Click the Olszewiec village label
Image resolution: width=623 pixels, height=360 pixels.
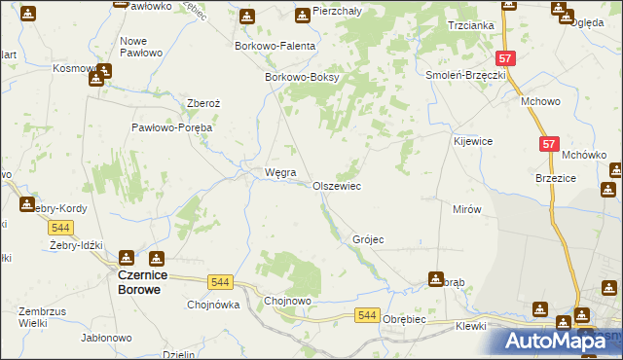click(337, 186)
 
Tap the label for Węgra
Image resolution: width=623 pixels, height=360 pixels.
click(267, 173)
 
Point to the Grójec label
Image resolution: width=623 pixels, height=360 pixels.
click(369, 239)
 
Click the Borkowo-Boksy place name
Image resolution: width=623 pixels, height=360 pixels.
click(300, 78)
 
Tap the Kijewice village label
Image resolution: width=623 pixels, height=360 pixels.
click(473, 141)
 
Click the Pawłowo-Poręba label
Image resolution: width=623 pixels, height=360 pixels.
click(172, 127)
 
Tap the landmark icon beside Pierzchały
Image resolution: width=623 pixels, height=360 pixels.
click(302, 15)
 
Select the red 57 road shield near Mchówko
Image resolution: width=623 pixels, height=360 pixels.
click(550, 144)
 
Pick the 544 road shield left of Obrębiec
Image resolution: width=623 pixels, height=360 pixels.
click(366, 315)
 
